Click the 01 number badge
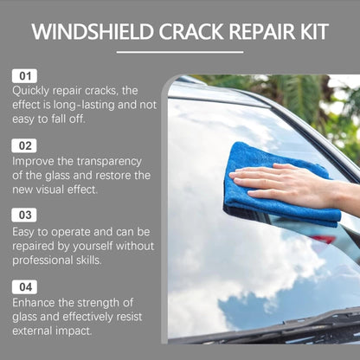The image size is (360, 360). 23,77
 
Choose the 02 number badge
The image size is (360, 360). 23,145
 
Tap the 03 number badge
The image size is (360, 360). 23,215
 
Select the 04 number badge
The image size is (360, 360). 23,285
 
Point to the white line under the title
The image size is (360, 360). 179,53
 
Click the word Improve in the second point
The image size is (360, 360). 35,160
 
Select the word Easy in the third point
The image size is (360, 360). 25,230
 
